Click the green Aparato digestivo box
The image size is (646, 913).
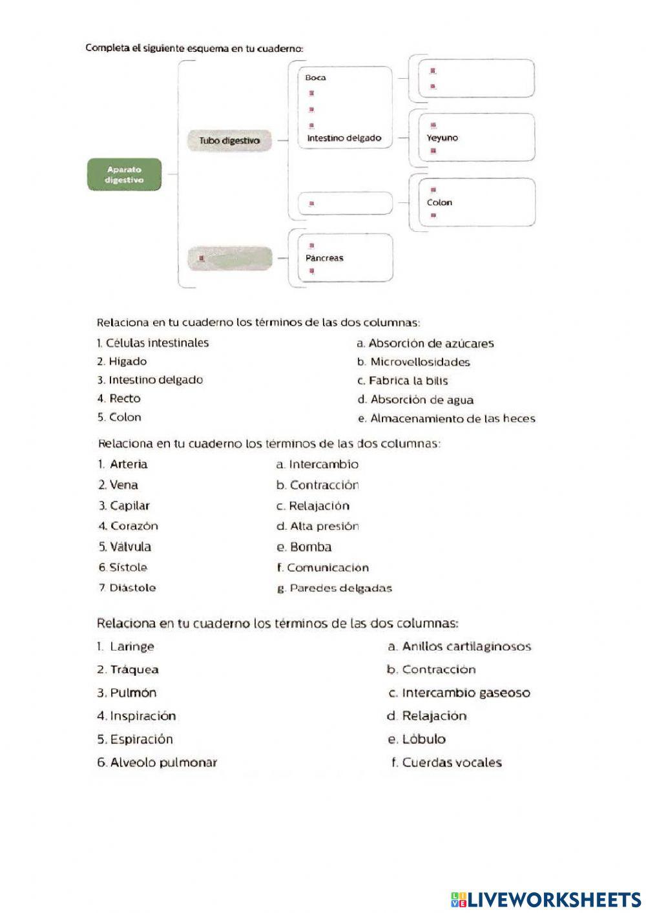tap(124, 175)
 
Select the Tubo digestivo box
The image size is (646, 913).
tap(229, 140)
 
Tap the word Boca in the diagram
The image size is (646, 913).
tap(316, 78)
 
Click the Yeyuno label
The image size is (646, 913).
tap(443, 138)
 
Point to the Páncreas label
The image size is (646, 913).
tap(324, 258)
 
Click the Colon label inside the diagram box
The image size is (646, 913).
tap(439, 202)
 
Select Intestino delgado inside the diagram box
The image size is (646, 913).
tap(344, 138)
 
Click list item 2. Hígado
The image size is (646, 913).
tap(122, 361)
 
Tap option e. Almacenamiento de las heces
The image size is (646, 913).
tap(446, 418)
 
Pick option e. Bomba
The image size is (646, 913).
tap(304, 547)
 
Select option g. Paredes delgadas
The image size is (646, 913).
tap(334, 588)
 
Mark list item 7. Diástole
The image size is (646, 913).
tap(127, 587)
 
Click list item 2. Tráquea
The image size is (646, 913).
tap(128, 669)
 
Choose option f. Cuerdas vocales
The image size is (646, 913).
tap(446, 762)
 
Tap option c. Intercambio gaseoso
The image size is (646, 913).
tap(459, 693)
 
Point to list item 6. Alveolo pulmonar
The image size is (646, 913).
tap(157, 762)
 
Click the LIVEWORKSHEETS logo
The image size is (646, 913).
tap(546, 899)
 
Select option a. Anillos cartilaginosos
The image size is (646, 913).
tap(459, 646)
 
